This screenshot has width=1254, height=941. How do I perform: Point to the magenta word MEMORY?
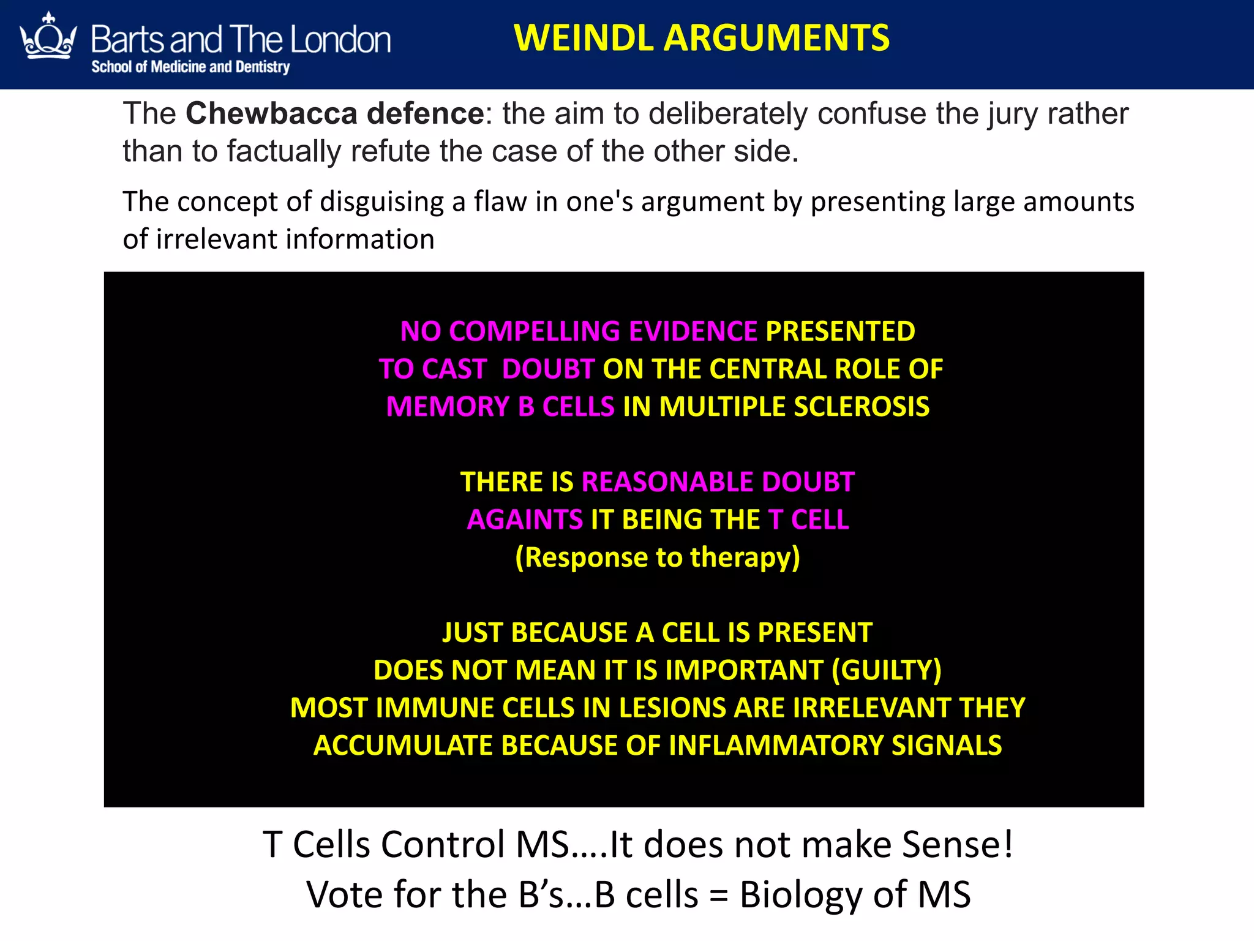pyautogui.click(x=448, y=407)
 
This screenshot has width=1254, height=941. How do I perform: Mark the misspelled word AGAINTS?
pyautogui.click(x=525, y=520)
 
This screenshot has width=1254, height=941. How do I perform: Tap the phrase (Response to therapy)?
pyautogui.click(x=657, y=557)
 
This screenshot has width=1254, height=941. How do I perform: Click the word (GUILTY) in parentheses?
pyautogui.click(x=886, y=670)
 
